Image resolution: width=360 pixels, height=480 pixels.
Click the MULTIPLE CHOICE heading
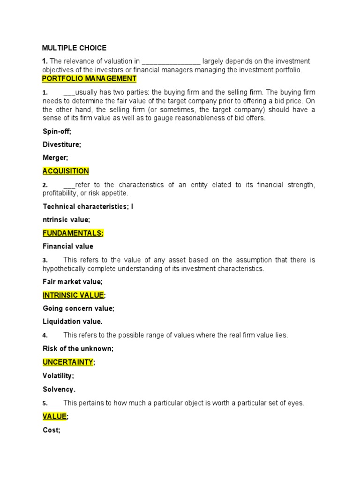point(75,48)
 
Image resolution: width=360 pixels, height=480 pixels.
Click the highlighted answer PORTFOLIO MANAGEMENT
point(89,79)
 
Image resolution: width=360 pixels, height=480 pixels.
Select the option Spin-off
point(57,132)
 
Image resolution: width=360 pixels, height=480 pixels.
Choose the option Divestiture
point(62,144)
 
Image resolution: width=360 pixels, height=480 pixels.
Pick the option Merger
point(55,158)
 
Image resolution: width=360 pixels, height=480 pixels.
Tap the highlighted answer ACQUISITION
point(66,171)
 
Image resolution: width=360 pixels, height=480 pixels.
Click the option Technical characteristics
point(86,206)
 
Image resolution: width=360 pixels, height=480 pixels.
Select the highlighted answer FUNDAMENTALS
point(73,233)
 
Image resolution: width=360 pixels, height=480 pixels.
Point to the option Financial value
point(68,246)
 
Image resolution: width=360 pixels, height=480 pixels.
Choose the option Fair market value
point(73,282)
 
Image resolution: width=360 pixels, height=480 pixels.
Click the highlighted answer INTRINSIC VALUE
point(74,295)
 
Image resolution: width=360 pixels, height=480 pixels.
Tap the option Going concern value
point(78,308)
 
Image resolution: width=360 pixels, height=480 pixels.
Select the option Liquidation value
point(73,322)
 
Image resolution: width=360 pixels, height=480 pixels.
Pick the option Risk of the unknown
point(78,348)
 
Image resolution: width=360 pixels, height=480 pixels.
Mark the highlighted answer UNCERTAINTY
point(68,362)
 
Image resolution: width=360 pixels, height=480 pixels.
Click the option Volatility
point(58,375)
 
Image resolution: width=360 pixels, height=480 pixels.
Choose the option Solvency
point(59,389)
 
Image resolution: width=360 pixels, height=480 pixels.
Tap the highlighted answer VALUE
point(55,416)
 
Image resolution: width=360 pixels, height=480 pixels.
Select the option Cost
point(52,430)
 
